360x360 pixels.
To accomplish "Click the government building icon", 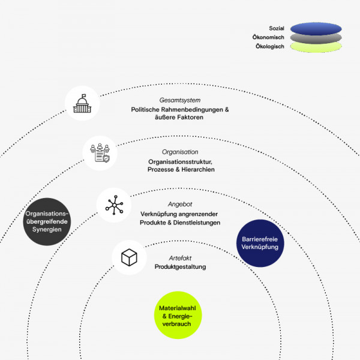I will tap(82, 103).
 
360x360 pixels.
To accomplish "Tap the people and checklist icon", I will tap(100, 153).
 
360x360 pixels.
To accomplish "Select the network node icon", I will tap(113, 205).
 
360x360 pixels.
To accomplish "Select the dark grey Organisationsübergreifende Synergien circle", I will tap(47, 221).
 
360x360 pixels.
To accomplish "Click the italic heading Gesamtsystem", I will tap(180, 101).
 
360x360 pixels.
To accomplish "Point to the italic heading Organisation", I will tap(180, 152).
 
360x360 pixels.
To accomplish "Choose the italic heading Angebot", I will tap(180, 205).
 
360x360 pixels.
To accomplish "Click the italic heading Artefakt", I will tap(180, 257).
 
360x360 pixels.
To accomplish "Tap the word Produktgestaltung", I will tap(180, 266).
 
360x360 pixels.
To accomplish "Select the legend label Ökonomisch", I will tap(268, 37).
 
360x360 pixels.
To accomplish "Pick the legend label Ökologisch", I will tap(268, 46).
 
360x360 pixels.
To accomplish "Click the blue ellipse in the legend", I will tap(316, 28).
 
